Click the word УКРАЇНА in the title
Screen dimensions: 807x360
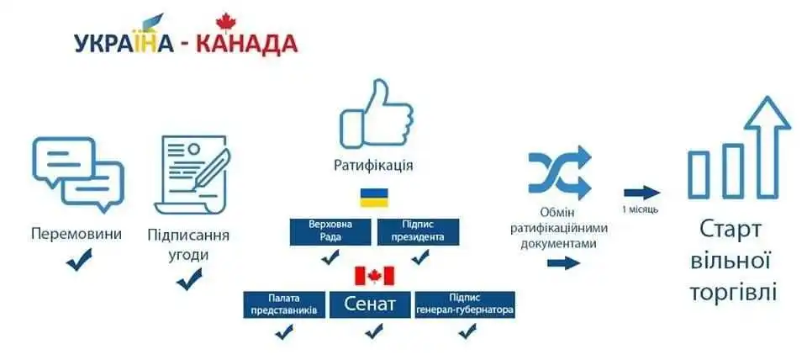click(124, 45)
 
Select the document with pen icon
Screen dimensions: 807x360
click(193, 174)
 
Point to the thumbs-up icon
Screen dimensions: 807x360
click(377, 114)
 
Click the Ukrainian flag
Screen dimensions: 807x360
click(374, 198)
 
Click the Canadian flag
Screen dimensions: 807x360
click(374, 276)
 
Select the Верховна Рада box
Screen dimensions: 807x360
click(330, 232)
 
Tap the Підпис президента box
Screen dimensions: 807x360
click(418, 232)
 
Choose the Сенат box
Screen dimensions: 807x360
click(370, 304)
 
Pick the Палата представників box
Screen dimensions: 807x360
click(284, 304)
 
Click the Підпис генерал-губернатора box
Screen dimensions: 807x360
click(465, 304)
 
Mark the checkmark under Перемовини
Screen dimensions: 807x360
click(79, 259)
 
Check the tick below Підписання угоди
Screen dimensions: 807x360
click(189, 279)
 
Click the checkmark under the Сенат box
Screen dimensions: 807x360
click(373, 331)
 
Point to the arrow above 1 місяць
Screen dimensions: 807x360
click(641, 193)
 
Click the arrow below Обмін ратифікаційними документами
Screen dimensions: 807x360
click(563, 263)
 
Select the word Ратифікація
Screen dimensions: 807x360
click(373, 166)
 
